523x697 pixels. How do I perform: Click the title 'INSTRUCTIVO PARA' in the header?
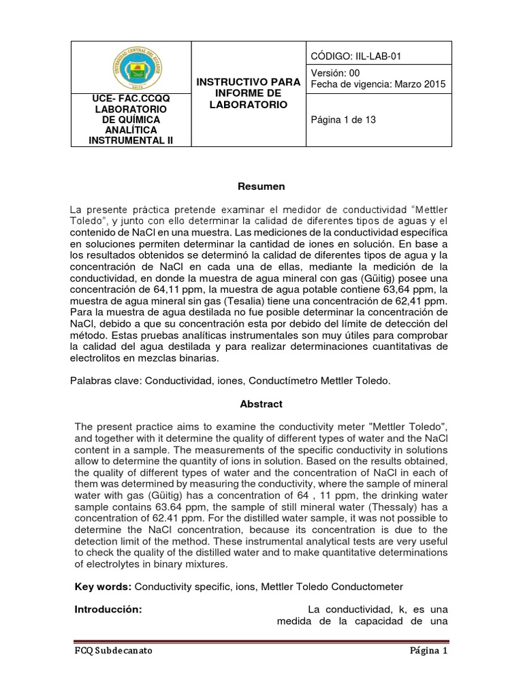tap(248, 82)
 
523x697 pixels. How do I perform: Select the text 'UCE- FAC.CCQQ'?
tap(131, 99)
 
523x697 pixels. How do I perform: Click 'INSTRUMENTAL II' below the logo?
tap(131, 140)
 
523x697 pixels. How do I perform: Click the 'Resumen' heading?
tap(261, 186)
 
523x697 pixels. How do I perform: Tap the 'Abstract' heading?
tap(261, 404)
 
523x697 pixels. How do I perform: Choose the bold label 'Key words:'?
tap(103, 586)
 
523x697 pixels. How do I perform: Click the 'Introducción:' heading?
tap(108, 609)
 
